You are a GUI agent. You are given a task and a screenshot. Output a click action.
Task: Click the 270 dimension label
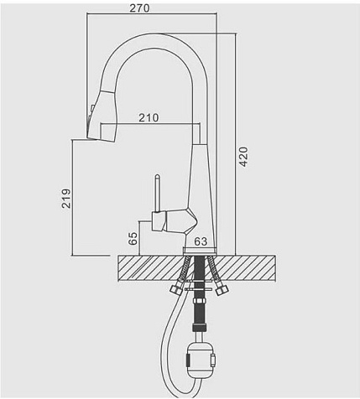[139, 8]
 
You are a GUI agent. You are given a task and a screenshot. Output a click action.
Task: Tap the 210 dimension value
[149, 118]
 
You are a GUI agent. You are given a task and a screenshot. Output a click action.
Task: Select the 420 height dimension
[243, 157]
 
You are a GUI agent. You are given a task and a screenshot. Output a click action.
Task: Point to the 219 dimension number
[66, 199]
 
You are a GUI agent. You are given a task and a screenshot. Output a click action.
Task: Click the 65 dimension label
[133, 238]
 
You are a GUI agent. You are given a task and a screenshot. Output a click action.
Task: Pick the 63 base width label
[201, 241]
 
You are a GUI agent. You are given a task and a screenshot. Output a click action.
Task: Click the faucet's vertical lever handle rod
[158, 194]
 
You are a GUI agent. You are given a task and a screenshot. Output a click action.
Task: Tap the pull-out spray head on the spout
[102, 115]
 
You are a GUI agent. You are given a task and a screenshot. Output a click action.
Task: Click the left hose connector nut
[176, 289]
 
